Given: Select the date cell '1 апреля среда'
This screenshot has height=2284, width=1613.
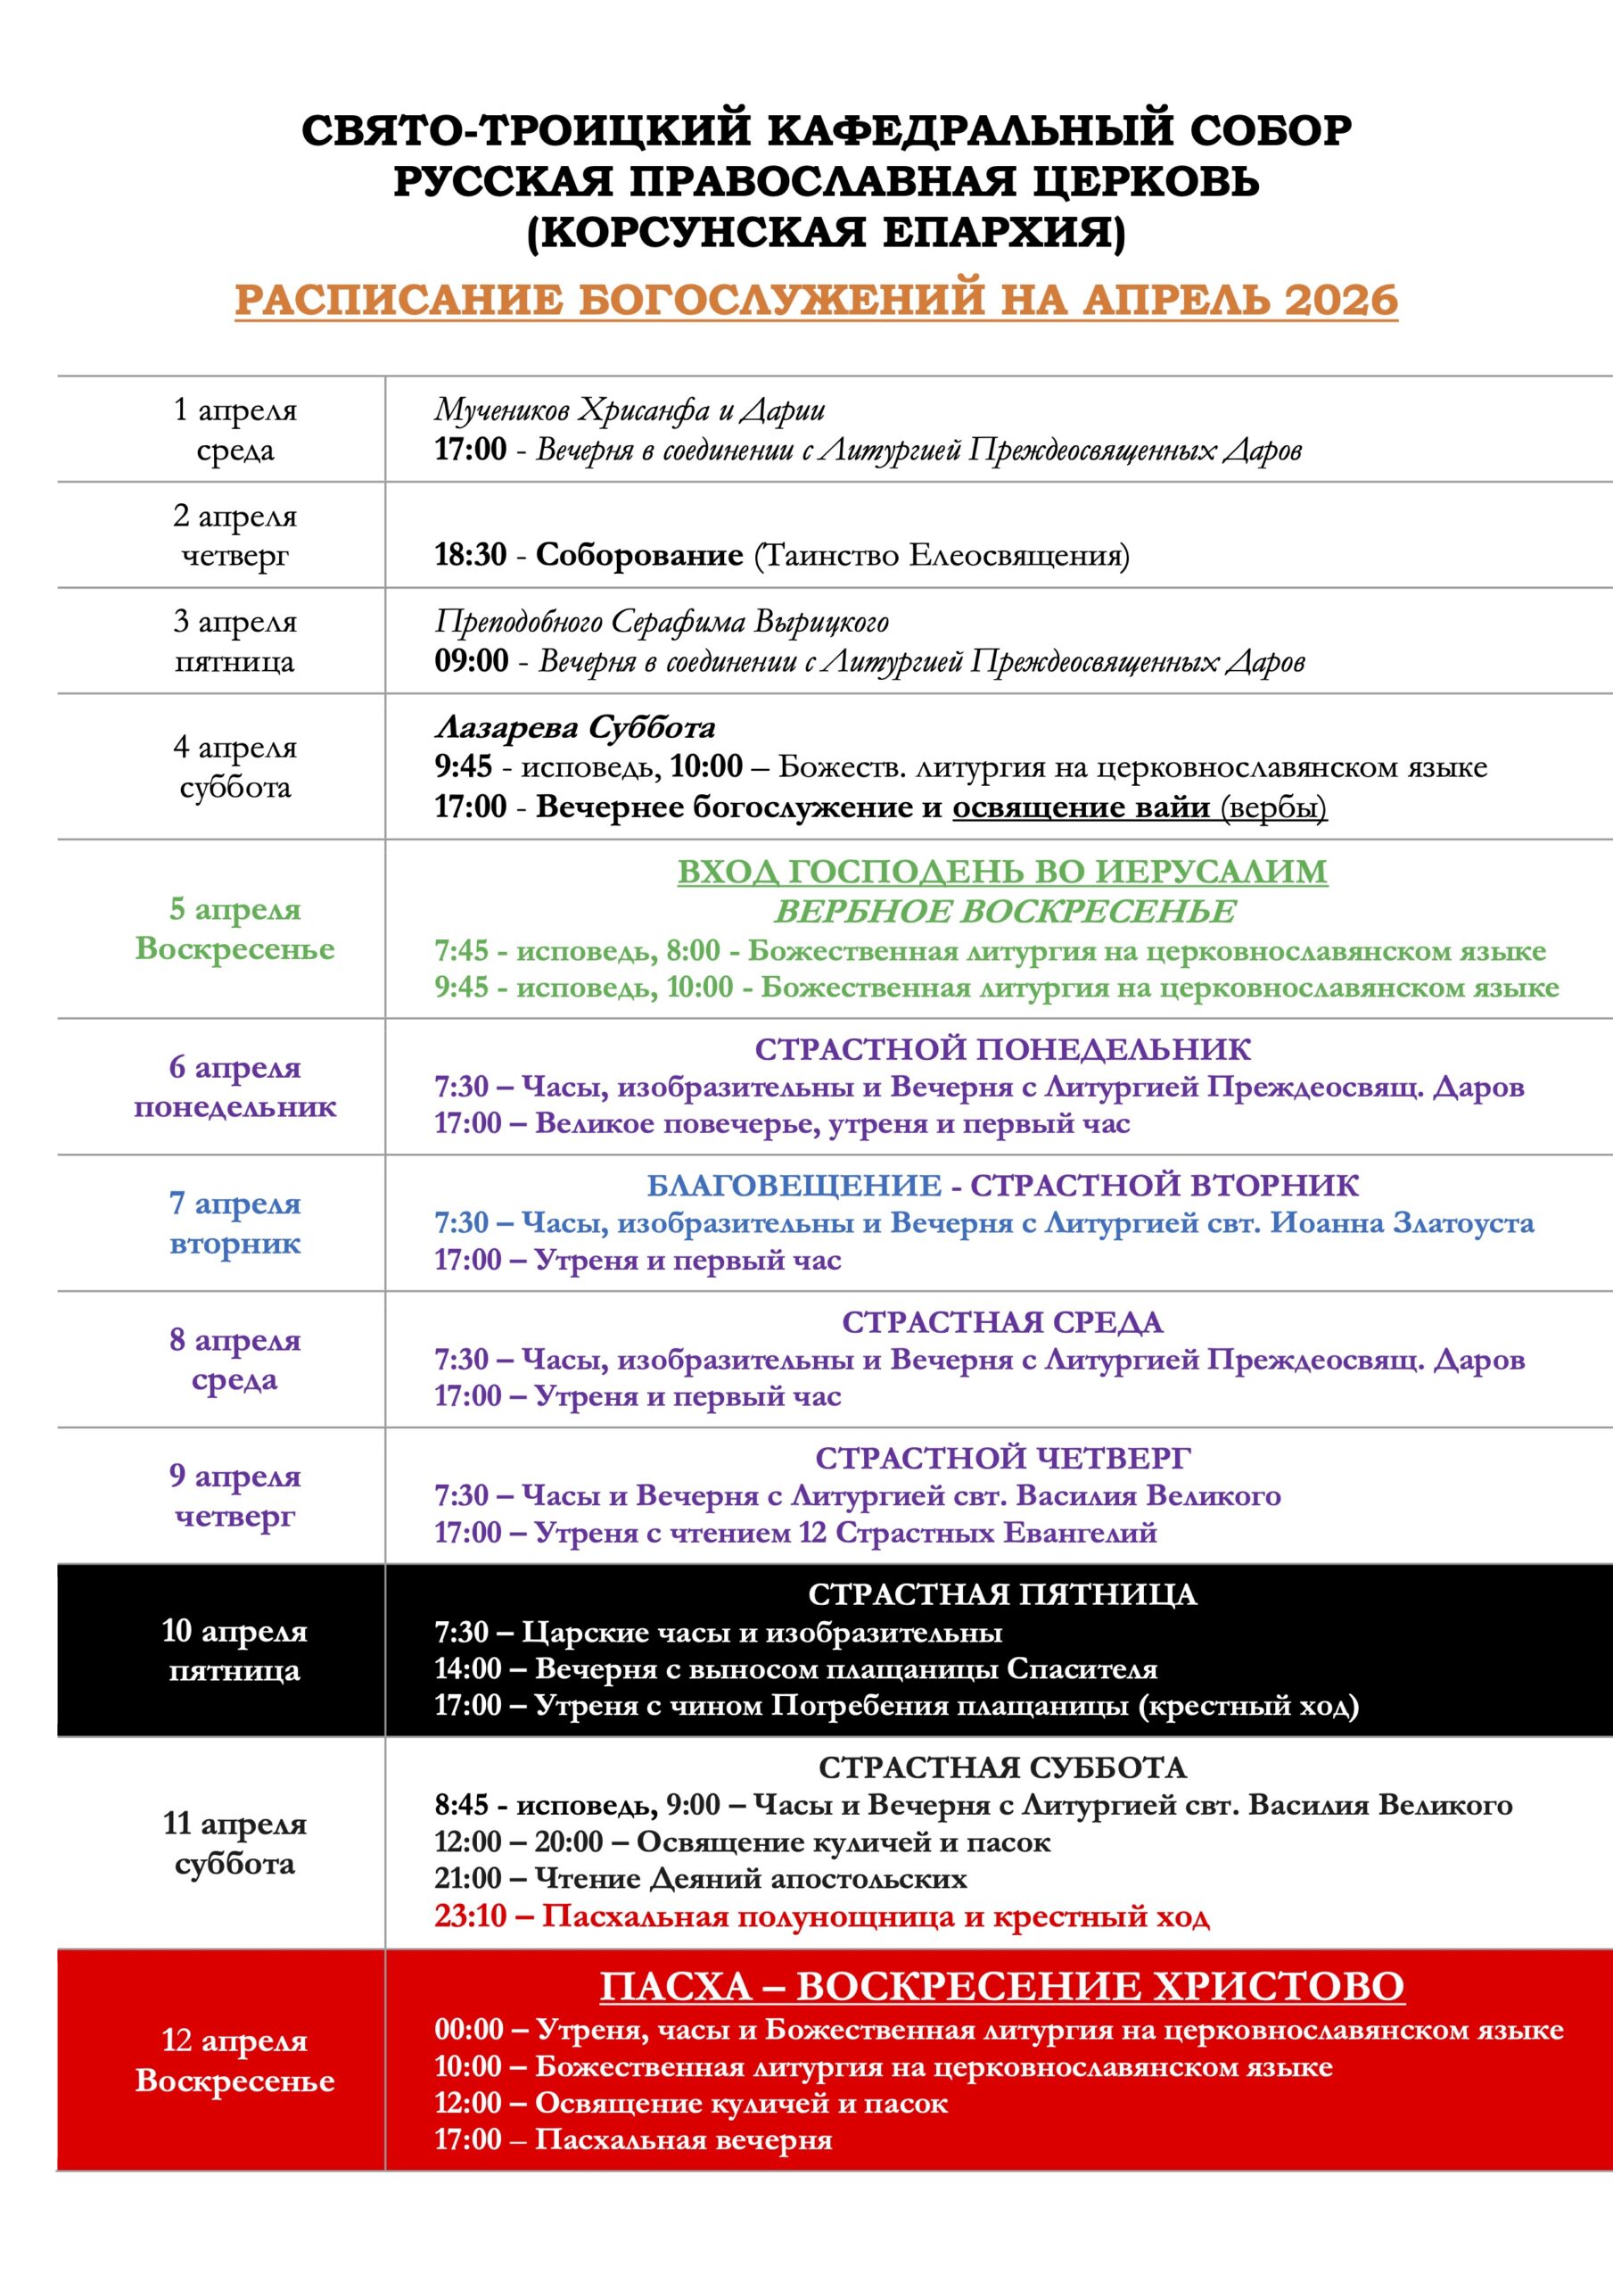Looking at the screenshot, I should point(235,430).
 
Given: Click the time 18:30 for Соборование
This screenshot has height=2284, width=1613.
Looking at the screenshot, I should point(471,555).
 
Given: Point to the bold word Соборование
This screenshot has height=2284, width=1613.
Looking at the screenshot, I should point(639,555).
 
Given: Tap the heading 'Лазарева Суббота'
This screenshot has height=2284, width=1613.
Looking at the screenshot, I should point(575,728).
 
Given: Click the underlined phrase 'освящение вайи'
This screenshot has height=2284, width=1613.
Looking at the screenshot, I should point(1081,807).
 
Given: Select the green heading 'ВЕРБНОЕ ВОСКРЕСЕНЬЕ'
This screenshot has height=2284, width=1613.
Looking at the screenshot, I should point(1004,911).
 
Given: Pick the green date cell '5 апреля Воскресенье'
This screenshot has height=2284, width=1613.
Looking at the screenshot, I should point(235,928).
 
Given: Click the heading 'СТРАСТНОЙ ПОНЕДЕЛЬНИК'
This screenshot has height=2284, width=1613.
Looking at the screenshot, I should point(1002,1048).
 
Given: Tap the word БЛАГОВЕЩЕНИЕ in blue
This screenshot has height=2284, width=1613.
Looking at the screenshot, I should point(794,1186).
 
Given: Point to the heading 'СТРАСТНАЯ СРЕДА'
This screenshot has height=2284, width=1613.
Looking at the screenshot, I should point(1002,1322).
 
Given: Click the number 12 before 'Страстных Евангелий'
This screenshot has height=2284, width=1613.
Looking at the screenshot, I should point(811,1532).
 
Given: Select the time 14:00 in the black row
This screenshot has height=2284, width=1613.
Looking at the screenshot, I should point(467,1668).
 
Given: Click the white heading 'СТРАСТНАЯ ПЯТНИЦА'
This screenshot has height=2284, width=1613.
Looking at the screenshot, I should point(1002,1594).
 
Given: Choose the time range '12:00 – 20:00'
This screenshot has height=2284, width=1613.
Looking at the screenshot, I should point(518,1842).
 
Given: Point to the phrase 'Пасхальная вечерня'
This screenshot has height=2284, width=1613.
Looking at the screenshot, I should point(683,2139).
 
